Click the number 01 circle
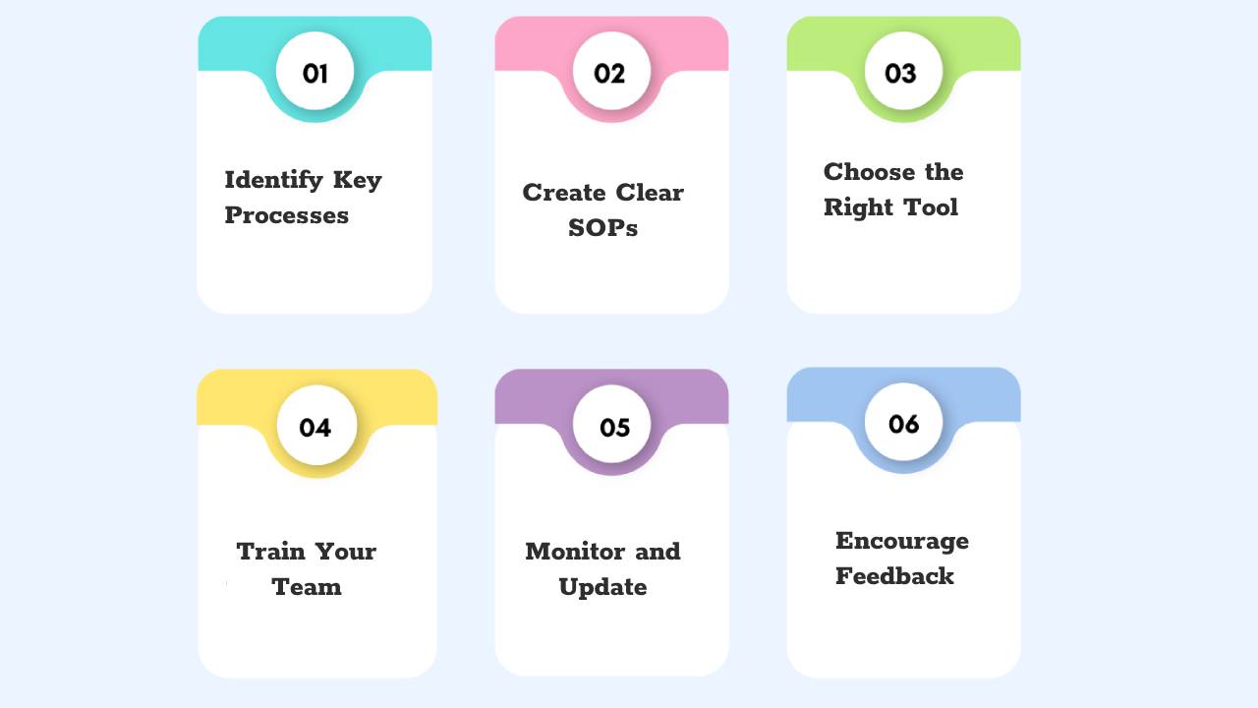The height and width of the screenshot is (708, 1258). [314, 72]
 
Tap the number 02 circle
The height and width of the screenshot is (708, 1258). [610, 72]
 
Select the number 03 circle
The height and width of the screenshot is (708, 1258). [902, 72]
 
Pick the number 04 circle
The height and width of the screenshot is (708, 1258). [315, 426]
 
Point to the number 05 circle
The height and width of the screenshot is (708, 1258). [611, 426]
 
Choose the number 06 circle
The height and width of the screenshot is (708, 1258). [903, 423]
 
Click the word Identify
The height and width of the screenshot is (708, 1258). [273, 181]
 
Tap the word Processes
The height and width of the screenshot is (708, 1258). [286, 215]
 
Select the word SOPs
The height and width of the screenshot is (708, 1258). [602, 228]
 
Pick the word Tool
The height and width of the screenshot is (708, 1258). [929, 207]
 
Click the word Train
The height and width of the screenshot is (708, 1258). [270, 552]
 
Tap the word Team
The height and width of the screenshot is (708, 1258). [307, 587]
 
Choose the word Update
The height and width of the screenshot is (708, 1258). [602, 587]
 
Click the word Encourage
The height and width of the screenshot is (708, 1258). [901, 541]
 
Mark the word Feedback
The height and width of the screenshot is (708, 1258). [894, 576]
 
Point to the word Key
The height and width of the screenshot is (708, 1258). [357, 181]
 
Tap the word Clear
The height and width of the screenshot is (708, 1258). [650, 193]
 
